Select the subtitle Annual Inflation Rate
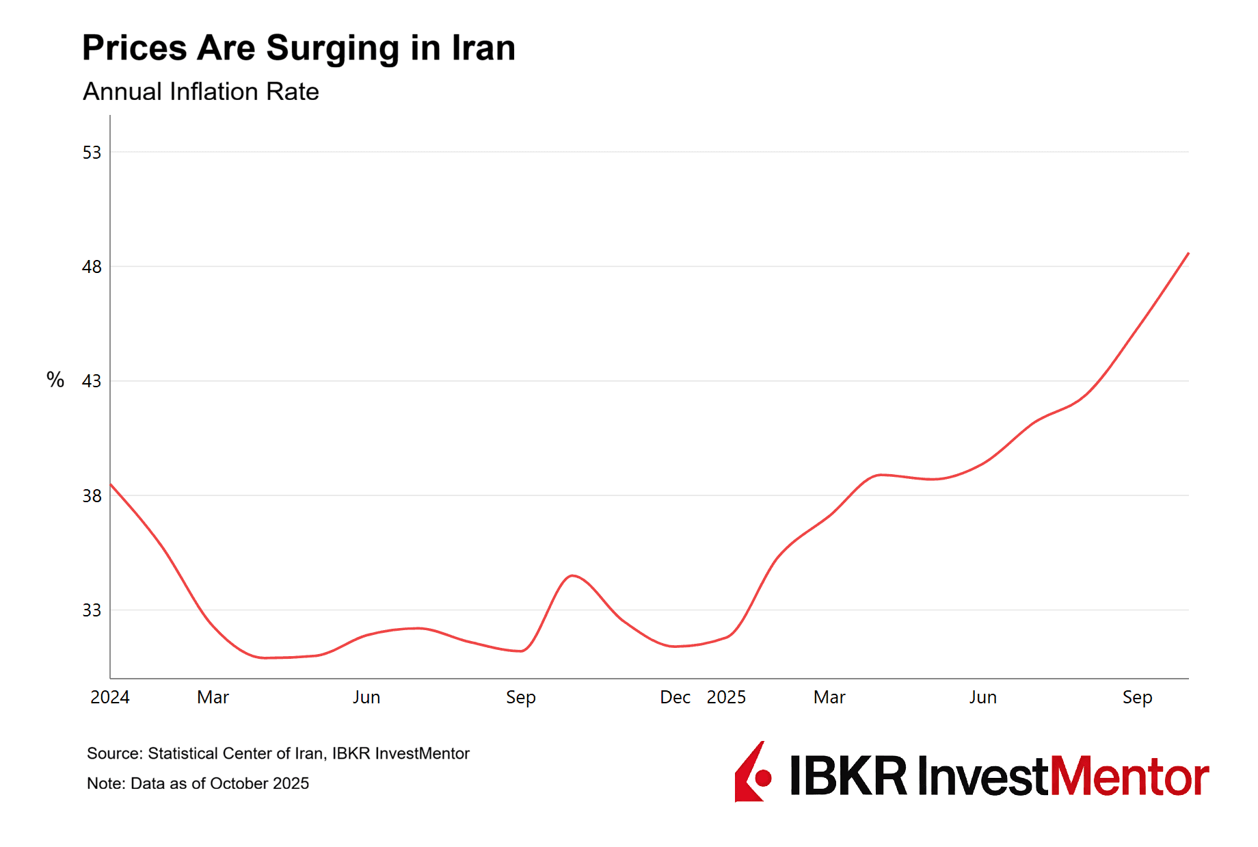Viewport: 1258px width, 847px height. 200,92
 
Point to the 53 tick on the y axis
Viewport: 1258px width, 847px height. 92,153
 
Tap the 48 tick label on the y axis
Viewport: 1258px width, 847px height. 92,267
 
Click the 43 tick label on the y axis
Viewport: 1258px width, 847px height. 92,381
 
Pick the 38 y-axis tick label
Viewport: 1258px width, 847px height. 92,496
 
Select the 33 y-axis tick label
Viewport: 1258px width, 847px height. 92,610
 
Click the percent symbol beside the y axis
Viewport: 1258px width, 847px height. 55,380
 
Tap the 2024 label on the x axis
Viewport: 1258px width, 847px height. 109,697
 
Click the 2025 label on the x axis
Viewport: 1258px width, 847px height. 725,697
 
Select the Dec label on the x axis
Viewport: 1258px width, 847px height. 675,697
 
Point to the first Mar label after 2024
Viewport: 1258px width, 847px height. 213,697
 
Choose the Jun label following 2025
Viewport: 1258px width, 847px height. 982,697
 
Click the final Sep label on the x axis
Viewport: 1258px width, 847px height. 1137,697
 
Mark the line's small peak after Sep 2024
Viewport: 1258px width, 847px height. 573,575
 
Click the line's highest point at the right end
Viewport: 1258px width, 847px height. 1188,254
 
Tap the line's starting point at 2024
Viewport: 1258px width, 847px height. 111,484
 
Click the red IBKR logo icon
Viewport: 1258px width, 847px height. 753,773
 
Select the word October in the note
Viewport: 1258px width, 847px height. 239,783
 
